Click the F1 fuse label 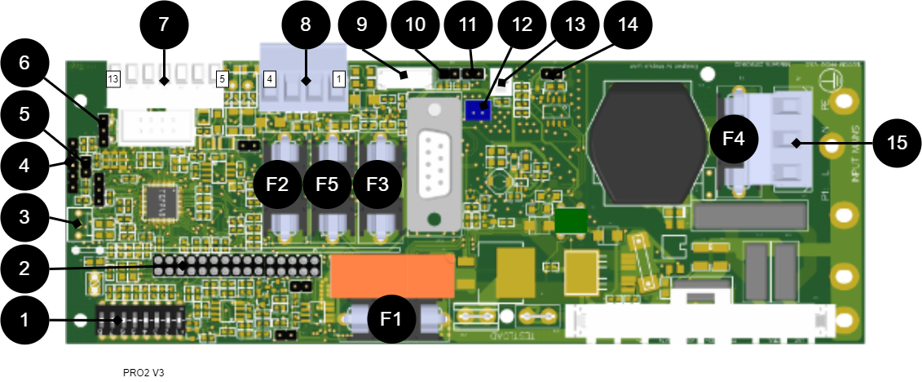(391, 318)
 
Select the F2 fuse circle (277, 184)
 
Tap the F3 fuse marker (377, 184)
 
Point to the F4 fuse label (734, 139)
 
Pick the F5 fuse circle (327, 184)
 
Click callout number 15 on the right (897, 144)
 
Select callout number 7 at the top (163, 24)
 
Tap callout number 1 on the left (24, 320)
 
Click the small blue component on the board (477, 110)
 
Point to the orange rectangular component (392, 276)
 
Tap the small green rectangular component (571, 220)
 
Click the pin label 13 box (113, 79)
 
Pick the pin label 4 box (270, 79)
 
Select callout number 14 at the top (628, 24)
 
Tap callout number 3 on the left (24, 217)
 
